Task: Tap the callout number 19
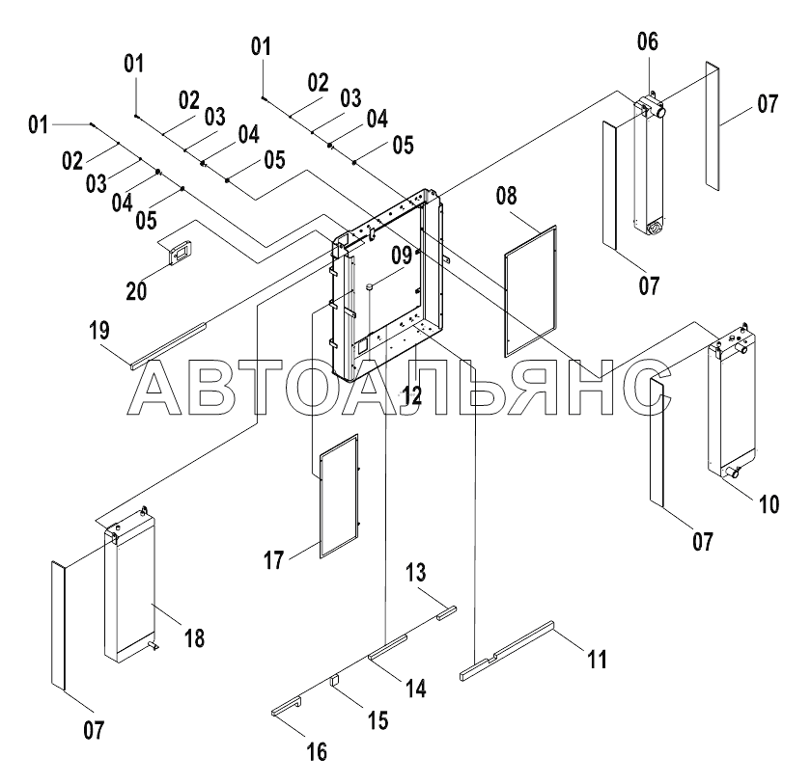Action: (x=99, y=331)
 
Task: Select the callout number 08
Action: (x=507, y=198)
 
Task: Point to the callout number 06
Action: (x=647, y=41)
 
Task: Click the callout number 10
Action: (x=769, y=503)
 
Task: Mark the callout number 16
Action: (x=317, y=749)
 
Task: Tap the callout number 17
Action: (x=275, y=559)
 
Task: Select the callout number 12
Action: (x=413, y=393)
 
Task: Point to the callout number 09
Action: (x=401, y=257)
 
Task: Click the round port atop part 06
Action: (x=664, y=111)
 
